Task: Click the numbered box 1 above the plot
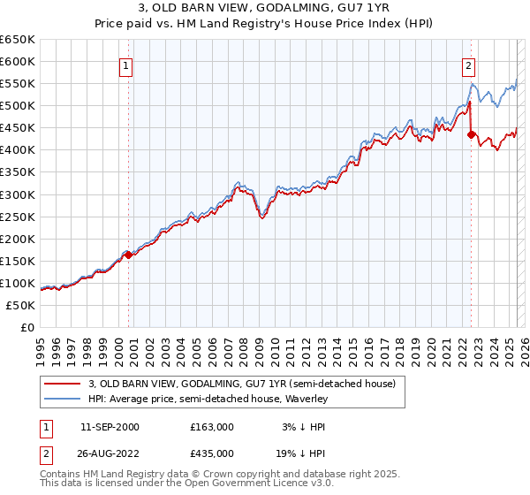point(126,65)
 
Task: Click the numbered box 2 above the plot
point(468,65)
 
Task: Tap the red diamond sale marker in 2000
point(128,255)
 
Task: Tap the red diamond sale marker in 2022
point(471,135)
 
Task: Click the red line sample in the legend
point(62,384)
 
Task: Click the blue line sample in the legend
point(62,399)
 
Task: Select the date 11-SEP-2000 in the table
point(110,427)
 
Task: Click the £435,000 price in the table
point(212,453)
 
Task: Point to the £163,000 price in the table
point(212,427)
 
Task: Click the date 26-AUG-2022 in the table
point(110,453)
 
